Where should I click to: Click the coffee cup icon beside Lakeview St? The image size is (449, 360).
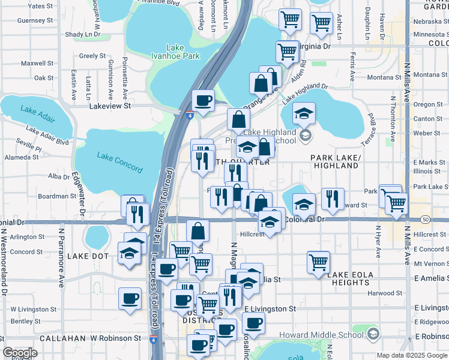[203, 100]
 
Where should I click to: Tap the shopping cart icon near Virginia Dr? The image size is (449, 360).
[288, 51]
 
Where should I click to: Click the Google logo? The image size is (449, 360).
[20, 352]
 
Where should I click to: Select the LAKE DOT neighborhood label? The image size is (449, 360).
[88, 256]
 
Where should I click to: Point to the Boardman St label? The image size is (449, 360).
[56, 196]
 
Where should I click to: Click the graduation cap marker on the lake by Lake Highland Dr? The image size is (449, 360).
[304, 113]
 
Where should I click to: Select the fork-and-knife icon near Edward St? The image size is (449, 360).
[332, 199]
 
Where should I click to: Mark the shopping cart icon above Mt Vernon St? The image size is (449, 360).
[318, 262]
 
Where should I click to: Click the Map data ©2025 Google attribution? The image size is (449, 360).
[412, 355]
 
